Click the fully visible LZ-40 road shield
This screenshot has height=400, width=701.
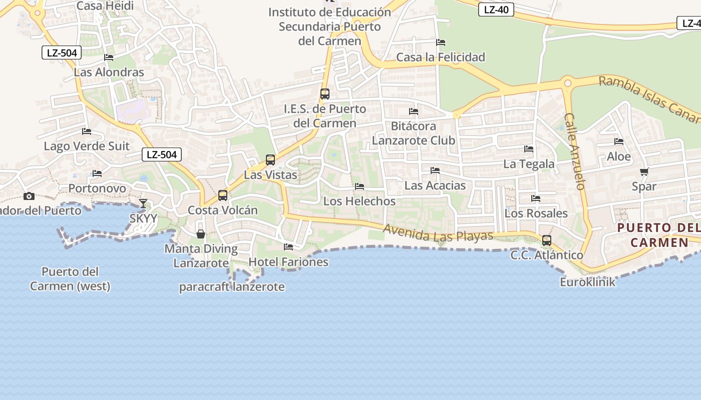point(496,9)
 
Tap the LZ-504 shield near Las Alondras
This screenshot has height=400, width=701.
point(61,52)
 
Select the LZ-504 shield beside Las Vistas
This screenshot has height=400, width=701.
point(161,154)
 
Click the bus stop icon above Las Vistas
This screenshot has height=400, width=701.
point(270,160)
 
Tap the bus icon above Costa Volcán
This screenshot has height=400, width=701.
point(223,195)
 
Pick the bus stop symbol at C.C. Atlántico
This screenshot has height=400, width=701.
point(547,240)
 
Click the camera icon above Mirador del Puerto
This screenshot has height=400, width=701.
point(29,196)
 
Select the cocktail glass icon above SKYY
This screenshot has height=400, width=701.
point(143,203)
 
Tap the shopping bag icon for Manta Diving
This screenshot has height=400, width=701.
point(201,233)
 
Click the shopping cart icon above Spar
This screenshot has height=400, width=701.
point(644,171)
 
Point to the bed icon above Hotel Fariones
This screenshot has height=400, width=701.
point(288,246)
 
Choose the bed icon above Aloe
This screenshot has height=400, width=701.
point(619,141)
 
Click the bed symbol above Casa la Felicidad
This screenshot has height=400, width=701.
point(441,42)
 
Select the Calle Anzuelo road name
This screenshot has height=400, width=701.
point(574,151)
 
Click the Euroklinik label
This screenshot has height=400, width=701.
point(587,282)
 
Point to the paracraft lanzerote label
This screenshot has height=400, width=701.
point(232,287)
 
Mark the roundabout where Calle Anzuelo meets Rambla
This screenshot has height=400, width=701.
point(567,82)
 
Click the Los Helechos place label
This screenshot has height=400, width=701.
point(360,201)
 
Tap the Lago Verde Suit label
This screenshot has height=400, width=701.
point(87,146)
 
